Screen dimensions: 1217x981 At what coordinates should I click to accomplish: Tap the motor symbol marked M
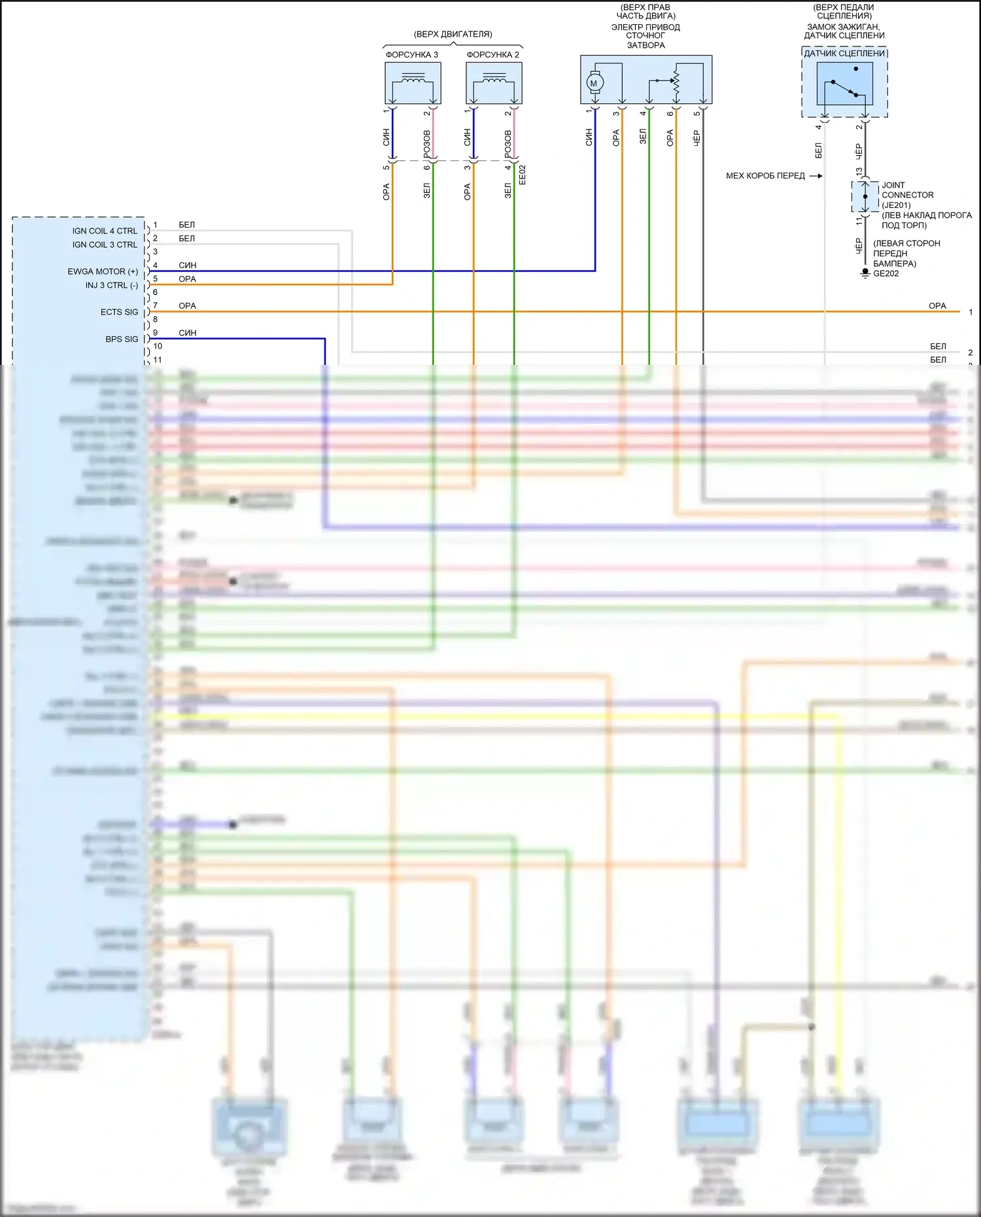[x=594, y=83]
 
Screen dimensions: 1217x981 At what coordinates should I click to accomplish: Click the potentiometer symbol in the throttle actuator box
[x=676, y=82]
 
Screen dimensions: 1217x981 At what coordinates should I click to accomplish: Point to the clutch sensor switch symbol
[x=844, y=84]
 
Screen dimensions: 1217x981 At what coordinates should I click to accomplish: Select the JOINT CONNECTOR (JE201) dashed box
[x=865, y=196]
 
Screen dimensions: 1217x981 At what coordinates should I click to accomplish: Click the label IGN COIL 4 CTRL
[x=105, y=231]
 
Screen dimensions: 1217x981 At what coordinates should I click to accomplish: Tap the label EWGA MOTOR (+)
[x=103, y=271]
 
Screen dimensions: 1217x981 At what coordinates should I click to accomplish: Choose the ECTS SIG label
[x=119, y=312]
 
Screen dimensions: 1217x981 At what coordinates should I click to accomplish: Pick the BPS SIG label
[x=122, y=339]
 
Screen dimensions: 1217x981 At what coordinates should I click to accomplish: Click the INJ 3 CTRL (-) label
[x=111, y=285]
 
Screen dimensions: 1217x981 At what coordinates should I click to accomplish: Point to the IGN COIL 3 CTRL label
[x=105, y=245]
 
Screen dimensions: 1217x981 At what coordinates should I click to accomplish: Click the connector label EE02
[x=522, y=175]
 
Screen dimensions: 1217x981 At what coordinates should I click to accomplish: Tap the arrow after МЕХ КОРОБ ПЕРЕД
[x=816, y=176]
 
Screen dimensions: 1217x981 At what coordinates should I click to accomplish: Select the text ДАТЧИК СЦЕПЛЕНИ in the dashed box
[x=844, y=54]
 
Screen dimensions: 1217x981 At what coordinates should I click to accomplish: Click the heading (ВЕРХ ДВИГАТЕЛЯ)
[x=453, y=34]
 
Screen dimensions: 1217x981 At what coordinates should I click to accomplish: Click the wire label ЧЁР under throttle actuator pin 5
[x=697, y=137]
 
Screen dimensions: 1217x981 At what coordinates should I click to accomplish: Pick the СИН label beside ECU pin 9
[x=188, y=333]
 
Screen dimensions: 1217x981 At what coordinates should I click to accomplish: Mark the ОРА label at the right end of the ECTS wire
[x=937, y=306]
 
